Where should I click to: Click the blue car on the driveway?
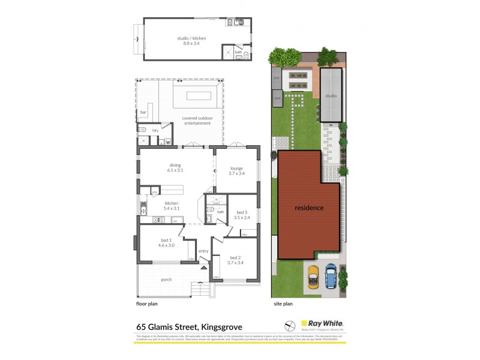331,277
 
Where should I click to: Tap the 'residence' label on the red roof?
309,208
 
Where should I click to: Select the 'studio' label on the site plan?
331,96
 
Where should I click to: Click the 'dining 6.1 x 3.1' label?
175,168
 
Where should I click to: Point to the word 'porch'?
166,280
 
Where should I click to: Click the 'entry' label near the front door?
203,251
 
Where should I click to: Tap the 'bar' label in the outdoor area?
143,112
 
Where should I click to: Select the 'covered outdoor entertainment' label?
197,121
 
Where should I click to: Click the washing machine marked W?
167,142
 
